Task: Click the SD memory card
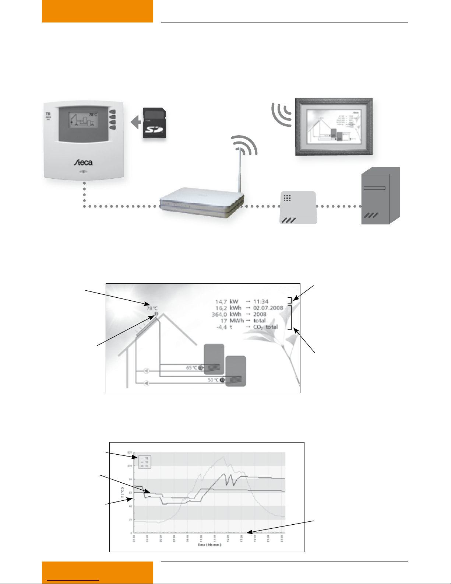tap(154, 123)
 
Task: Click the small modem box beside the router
tap(298, 207)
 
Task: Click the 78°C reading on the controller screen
tap(93, 115)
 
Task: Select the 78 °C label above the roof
tap(152, 308)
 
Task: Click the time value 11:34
tap(261, 301)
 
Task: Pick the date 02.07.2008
tap(268, 308)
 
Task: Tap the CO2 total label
tap(265, 327)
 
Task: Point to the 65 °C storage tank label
tap(191, 368)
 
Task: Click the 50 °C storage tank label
tap(213, 380)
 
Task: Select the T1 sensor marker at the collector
tap(156, 314)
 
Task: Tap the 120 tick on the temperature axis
tap(129, 452)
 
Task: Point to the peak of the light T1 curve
tap(223, 457)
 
